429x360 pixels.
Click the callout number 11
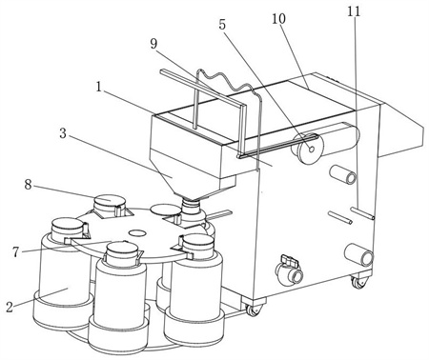(354, 11)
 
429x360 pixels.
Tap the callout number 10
(278, 19)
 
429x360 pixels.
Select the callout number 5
(222, 25)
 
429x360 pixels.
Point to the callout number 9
(153, 44)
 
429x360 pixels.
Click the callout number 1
(99, 87)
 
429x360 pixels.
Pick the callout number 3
(63, 133)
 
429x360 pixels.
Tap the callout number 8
(29, 184)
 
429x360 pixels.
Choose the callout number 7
(16, 252)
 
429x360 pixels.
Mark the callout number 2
(10, 307)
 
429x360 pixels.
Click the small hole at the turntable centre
(137, 233)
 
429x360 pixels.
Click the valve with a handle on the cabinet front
(289, 270)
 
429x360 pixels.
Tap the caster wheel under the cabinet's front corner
(253, 309)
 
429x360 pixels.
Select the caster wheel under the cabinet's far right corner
(359, 282)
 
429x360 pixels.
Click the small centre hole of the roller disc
(312, 149)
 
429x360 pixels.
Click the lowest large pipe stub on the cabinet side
(358, 254)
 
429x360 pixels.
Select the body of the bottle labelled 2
(64, 270)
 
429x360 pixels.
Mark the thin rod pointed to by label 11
(362, 212)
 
